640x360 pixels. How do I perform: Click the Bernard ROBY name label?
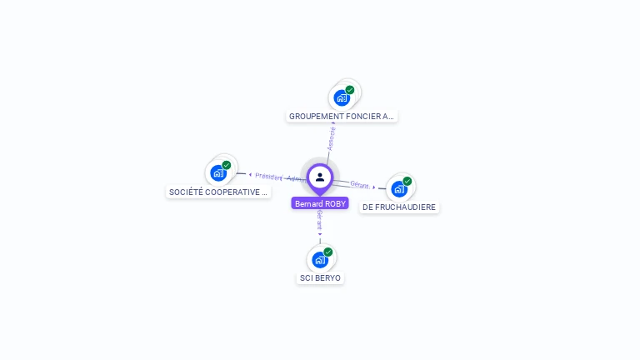pos(320,203)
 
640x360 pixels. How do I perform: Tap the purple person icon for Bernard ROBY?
pos(320,177)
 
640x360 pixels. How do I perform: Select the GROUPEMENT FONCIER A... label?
pos(341,117)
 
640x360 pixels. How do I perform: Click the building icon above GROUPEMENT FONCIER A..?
pos(342,97)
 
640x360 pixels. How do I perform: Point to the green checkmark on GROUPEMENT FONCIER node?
pos(350,90)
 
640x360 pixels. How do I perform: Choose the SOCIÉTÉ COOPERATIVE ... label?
pos(218,192)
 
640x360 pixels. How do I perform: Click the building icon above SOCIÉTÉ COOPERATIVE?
pos(218,172)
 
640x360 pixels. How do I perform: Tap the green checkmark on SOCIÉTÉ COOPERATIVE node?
pos(227,165)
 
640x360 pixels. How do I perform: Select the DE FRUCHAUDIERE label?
pos(399,207)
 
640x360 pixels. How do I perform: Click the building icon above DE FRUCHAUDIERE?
pos(399,188)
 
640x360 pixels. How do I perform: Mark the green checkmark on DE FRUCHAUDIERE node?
pos(407,181)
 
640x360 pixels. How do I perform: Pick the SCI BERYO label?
pos(320,277)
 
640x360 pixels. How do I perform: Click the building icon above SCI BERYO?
pos(320,259)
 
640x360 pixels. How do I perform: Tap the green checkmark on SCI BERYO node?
pos(328,252)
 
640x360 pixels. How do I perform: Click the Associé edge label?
pos(331,138)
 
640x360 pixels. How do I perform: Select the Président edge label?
pos(269,177)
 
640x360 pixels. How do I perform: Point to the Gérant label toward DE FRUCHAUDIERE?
pos(360,184)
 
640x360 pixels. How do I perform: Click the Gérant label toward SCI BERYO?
pos(320,219)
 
